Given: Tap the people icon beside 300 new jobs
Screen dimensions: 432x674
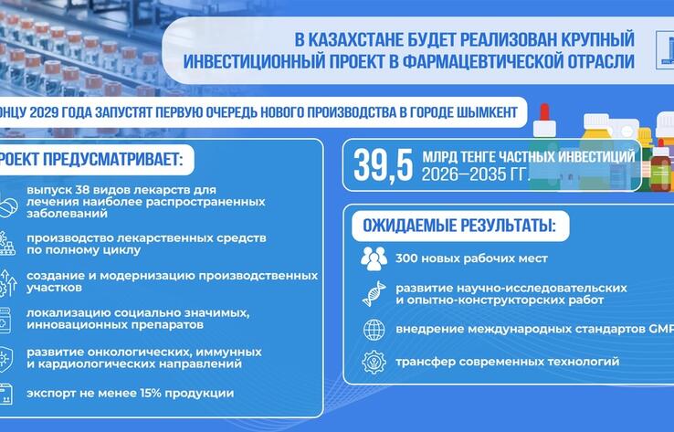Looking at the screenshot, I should point(374,258).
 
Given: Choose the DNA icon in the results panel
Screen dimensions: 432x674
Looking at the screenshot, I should point(374,293).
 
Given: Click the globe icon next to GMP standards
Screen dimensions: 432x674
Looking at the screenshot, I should point(374,329).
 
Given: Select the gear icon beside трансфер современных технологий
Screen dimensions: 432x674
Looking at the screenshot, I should point(374,363).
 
